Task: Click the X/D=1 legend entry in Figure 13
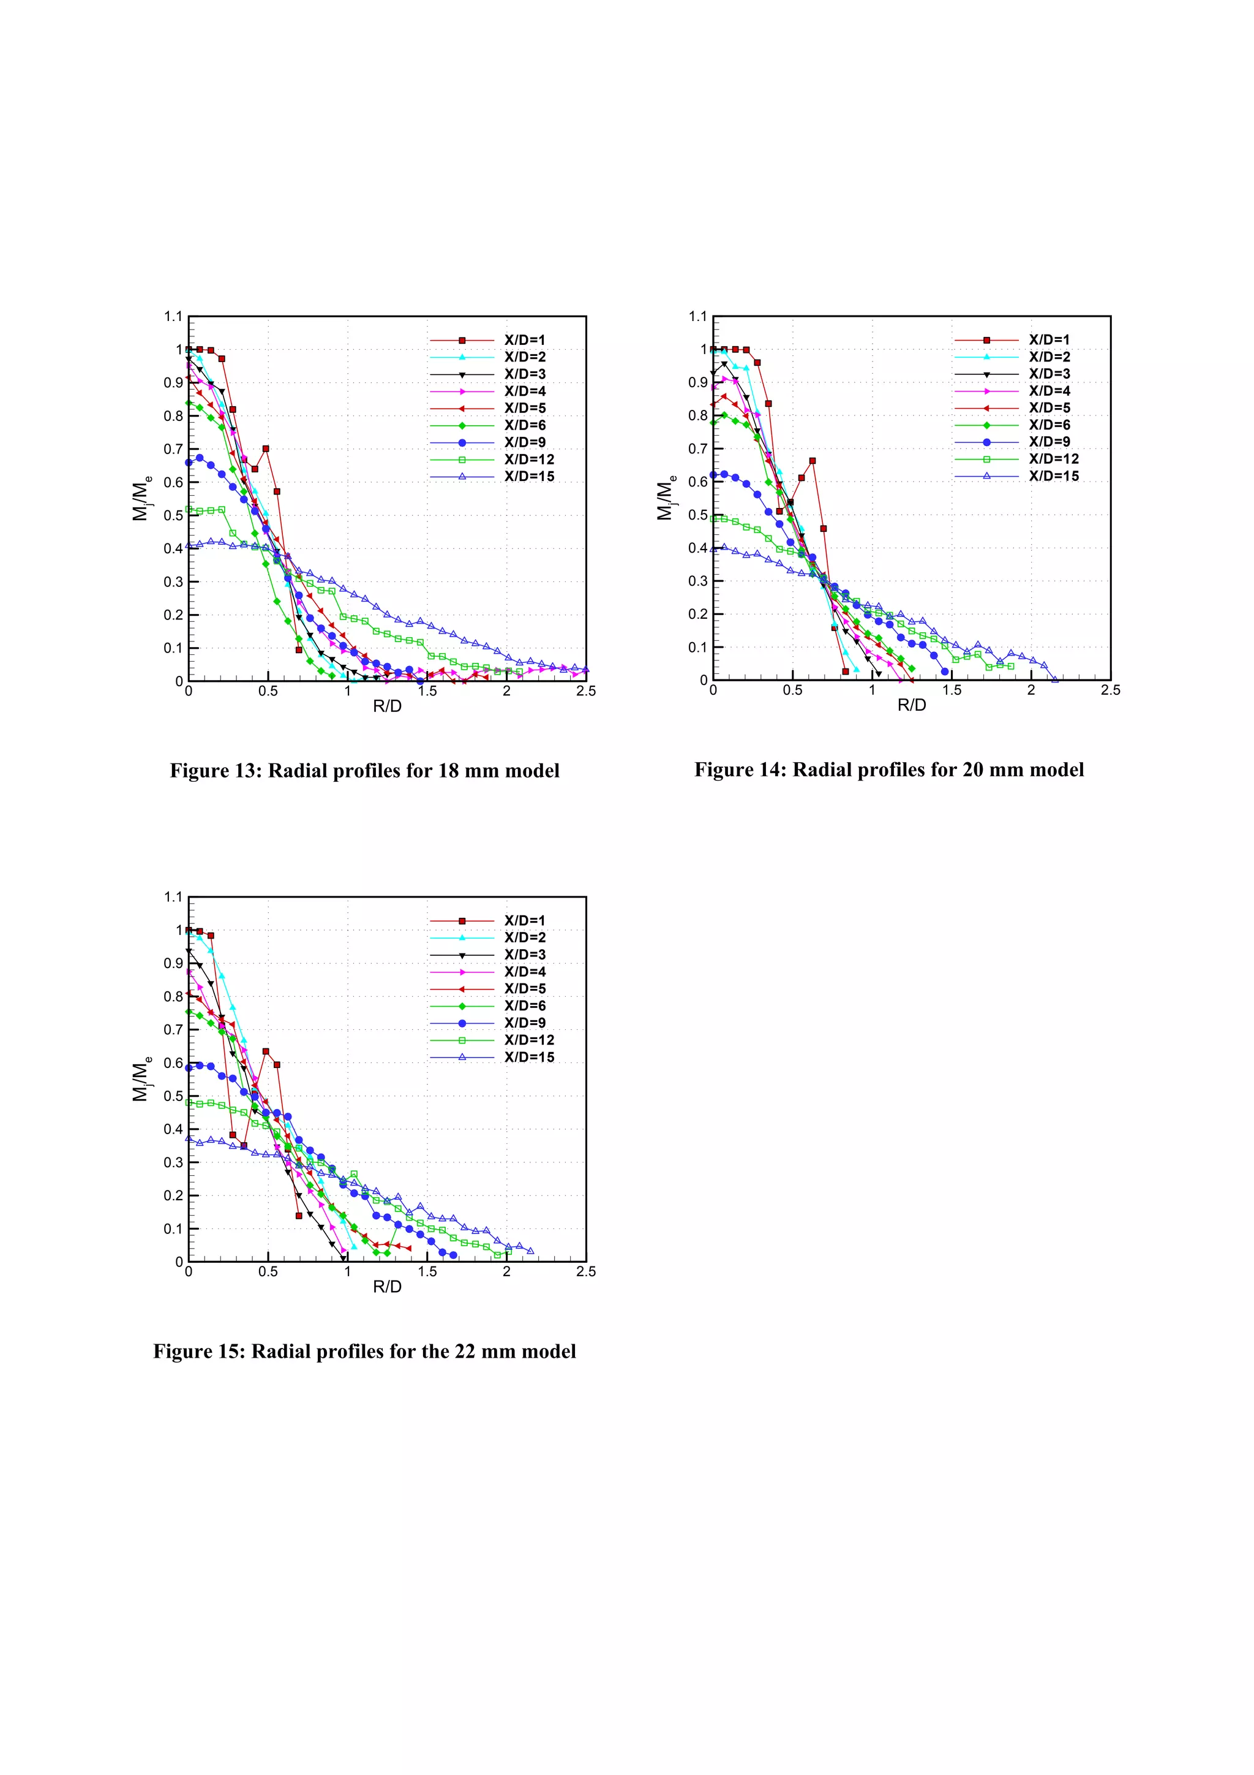tap(525, 340)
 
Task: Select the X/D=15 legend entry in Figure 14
tap(1053, 476)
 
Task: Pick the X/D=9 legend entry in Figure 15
tap(525, 1023)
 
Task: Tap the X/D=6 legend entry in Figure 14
tap(1049, 425)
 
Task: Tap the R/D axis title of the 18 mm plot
tap(387, 706)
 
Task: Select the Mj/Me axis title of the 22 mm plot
tap(141, 1079)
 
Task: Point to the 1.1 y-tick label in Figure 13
tap(173, 316)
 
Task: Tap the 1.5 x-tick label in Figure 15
tap(427, 1272)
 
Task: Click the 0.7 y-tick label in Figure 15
tap(173, 1030)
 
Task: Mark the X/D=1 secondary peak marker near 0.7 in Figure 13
tap(266, 448)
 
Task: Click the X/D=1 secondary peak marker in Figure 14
tap(812, 461)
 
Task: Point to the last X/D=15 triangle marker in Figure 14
tap(1054, 679)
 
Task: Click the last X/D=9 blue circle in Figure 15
tap(454, 1255)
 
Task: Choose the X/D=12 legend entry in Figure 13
tap(528, 459)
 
